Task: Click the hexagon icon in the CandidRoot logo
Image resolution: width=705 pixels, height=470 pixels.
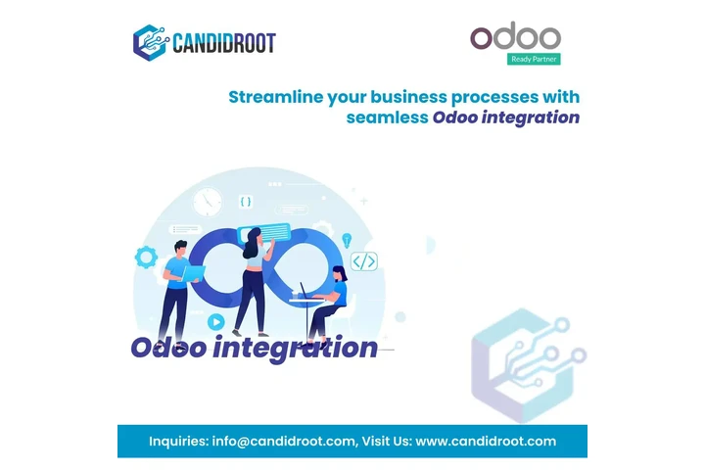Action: (150, 42)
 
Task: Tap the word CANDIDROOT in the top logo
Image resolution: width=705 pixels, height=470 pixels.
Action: (223, 43)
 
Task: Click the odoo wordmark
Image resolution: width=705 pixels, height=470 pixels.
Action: (515, 38)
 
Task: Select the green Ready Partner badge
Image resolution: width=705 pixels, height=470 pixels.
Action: (535, 59)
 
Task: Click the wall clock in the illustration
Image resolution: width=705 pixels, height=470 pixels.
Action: (208, 202)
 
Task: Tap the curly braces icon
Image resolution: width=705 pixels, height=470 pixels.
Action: (246, 202)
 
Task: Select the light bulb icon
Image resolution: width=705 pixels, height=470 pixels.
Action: (346, 240)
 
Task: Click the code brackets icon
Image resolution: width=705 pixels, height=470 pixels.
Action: (364, 261)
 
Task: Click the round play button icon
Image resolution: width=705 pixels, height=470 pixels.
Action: (215, 320)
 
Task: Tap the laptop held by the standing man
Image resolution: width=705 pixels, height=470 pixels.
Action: (194, 271)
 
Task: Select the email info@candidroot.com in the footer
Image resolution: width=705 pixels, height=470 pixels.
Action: (283, 441)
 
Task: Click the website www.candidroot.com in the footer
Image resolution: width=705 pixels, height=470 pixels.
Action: (486, 441)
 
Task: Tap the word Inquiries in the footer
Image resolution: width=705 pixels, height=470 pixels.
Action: (178, 441)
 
